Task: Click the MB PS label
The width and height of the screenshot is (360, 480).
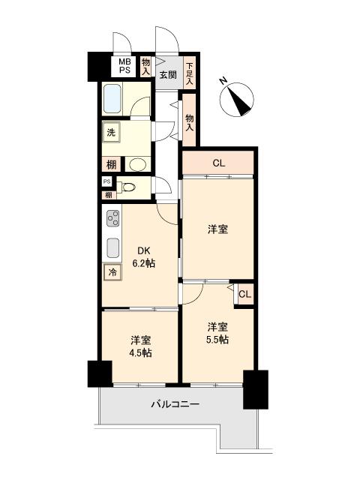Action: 124,66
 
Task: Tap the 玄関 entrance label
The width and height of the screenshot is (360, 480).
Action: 168,75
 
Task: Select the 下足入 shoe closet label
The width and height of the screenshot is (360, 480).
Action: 190,73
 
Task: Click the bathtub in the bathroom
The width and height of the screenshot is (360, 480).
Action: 112,99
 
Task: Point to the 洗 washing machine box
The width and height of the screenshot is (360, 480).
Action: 111,133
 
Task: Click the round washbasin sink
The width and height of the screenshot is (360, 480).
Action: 136,165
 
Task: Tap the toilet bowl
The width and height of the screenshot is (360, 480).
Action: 127,187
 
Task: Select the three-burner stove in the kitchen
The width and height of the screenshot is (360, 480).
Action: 112,218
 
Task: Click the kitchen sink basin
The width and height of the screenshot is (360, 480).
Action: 112,248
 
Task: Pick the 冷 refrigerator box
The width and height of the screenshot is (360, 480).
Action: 112,272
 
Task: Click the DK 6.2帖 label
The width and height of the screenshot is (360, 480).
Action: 143,256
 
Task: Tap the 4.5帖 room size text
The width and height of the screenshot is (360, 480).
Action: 140,353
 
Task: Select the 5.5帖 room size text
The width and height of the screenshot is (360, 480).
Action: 217,340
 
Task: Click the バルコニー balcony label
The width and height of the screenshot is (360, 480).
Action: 175,404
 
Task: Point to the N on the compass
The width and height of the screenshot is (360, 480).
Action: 223,81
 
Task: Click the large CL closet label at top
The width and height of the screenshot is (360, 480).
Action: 218,163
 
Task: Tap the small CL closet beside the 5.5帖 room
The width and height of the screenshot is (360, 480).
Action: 244,294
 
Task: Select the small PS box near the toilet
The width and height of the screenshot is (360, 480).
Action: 106,181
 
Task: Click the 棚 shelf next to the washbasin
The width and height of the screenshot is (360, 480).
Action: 111,165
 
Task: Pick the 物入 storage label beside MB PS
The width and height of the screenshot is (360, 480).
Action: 145,67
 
